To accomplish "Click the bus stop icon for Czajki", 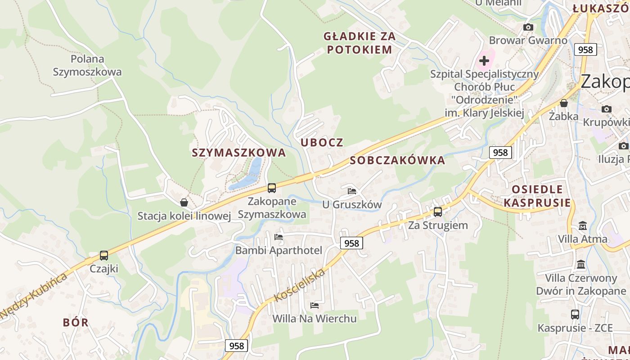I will coord(104,256).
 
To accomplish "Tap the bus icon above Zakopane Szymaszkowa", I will coord(271,188).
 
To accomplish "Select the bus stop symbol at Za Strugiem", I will coord(437,211).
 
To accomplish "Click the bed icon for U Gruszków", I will coord(352,191).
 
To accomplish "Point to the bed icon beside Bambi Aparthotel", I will coord(279,237).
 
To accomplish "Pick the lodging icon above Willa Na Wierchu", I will coord(315,306).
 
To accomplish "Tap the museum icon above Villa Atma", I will coord(583,225).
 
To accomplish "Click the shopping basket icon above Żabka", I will coord(563,103).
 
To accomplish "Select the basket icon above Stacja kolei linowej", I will coord(184,202).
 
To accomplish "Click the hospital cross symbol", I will coord(484,60).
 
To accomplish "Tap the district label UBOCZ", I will coord(322,143).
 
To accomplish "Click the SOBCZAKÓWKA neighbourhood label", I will coord(397,160).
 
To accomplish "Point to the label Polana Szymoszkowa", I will coord(87,65).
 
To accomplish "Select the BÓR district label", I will coord(76,322).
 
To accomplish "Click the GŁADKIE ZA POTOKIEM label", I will coord(360,43).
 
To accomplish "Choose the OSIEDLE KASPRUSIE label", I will coord(537,196).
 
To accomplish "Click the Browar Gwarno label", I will coord(528,40).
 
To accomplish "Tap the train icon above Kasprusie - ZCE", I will coord(575,315).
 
